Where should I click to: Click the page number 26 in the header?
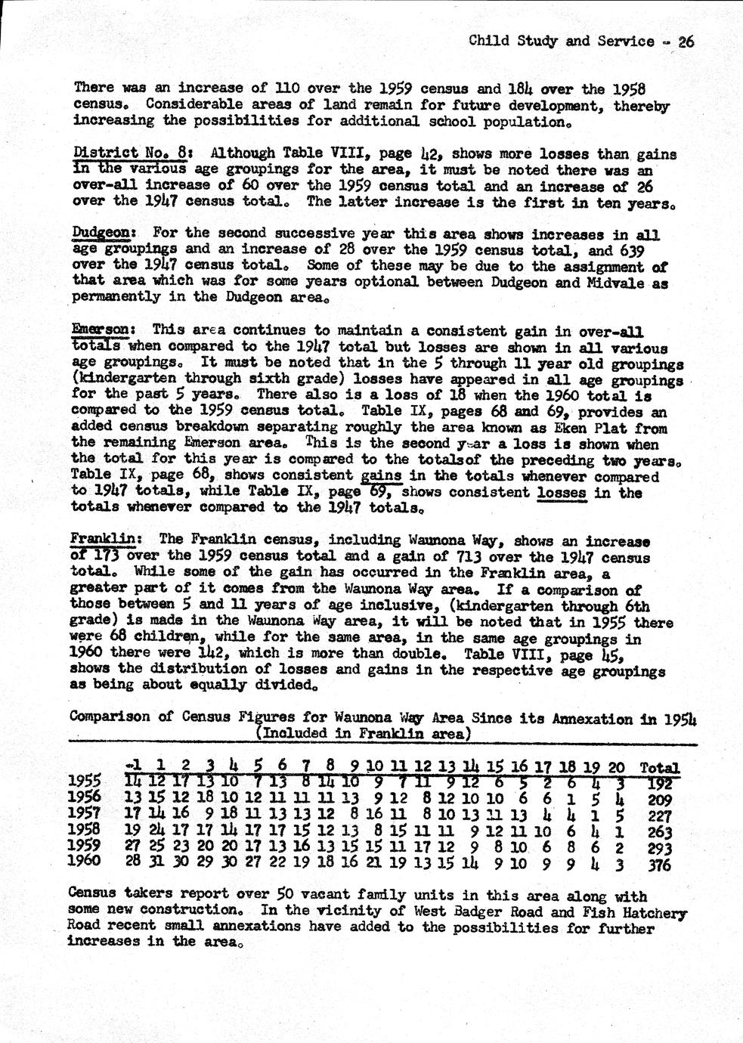pyautogui.click(x=685, y=42)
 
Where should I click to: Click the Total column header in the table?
pyautogui.click(x=659, y=767)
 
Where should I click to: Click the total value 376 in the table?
pyautogui.click(x=660, y=865)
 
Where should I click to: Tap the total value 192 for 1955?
pyautogui.click(x=660, y=782)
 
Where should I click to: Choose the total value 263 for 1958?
pyautogui.click(x=660, y=831)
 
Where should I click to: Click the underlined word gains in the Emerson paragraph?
pyautogui.click(x=382, y=476)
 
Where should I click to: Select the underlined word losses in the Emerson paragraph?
pyautogui.click(x=562, y=493)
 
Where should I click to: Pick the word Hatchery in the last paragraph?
pyautogui.click(x=655, y=913)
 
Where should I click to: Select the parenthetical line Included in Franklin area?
pyautogui.click(x=364, y=733)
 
